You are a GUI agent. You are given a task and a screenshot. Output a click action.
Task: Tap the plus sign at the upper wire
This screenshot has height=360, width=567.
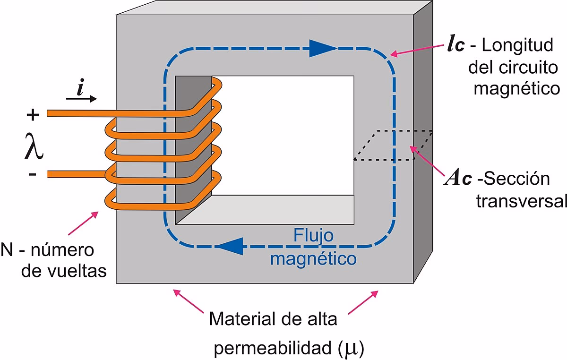pos(33,114)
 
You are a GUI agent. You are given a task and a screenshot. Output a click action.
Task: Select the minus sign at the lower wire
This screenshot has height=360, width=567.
pos(32,174)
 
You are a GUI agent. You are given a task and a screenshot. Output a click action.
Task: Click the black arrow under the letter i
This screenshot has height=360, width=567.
pos(81,99)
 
